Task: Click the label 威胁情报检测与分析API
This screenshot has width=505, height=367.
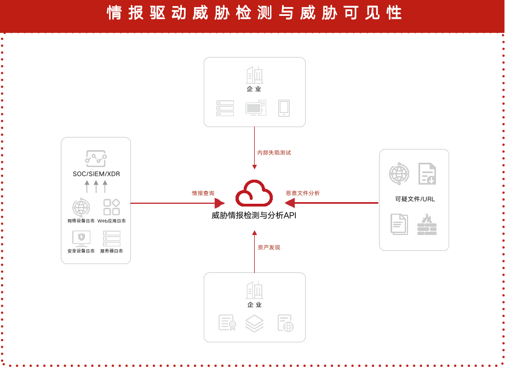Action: (x=254, y=215)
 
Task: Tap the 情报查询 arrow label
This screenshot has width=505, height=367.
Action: (x=203, y=193)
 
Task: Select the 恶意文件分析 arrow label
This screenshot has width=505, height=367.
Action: (x=303, y=193)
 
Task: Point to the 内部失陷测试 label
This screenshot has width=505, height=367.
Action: (x=274, y=153)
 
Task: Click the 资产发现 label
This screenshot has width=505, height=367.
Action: (x=269, y=248)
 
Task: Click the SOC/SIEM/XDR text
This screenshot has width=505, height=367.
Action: (x=96, y=174)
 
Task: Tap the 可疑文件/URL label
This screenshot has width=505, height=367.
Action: (x=415, y=199)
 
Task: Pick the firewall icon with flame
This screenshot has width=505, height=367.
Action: (x=427, y=224)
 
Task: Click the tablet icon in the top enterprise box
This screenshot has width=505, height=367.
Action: (x=284, y=108)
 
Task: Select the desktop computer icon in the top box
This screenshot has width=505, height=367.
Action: (x=256, y=108)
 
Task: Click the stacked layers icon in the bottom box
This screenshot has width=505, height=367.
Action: (x=255, y=323)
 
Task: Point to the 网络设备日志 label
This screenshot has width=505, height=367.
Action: (x=81, y=221)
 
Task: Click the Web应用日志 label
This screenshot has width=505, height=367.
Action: (x=111, y=221)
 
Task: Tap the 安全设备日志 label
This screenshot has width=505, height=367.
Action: (x=81, y=251)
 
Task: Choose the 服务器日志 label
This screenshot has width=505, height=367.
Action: (x=111, y=251)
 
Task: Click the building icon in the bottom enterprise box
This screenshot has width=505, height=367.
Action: (x=255, y=290)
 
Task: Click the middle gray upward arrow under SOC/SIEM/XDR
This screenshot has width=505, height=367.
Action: (x=96, y=187)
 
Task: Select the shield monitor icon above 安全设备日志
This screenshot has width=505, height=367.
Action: (x=82, y=239)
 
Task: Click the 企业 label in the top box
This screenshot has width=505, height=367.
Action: (x=254, y=89)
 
